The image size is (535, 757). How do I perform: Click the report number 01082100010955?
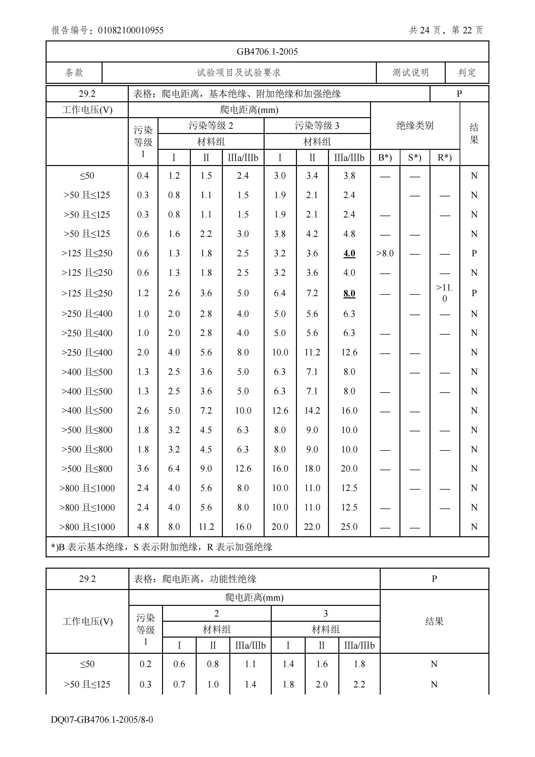point(130,30)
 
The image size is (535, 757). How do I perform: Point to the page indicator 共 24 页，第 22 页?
point(446,30)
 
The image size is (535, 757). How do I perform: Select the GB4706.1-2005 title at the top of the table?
point(267,52)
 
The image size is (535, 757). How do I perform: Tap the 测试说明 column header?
point(410,72)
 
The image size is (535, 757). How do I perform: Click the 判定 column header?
point(467,72)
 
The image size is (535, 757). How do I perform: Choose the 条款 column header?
point(74,72)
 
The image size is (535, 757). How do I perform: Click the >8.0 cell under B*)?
point(385,253)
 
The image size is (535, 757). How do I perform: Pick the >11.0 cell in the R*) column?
point(444,293)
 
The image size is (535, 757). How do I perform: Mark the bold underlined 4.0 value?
point(349,253)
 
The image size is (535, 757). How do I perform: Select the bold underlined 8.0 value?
point(349,293)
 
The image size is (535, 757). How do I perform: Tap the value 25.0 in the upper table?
point(349,527)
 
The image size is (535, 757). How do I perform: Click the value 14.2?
point(312,410)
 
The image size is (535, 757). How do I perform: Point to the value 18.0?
point(312,469)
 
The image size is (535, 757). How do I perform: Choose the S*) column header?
point(414,158)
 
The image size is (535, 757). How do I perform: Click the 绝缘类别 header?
point(415,126)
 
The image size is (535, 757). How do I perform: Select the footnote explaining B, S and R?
point(162,547)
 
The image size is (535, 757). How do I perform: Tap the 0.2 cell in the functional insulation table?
point(145,664)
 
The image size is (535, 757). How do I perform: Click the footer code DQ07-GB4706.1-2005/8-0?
point(102,719)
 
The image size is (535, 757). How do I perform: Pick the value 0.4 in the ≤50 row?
point(143,176)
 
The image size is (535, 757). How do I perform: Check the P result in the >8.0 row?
point(474,253)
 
